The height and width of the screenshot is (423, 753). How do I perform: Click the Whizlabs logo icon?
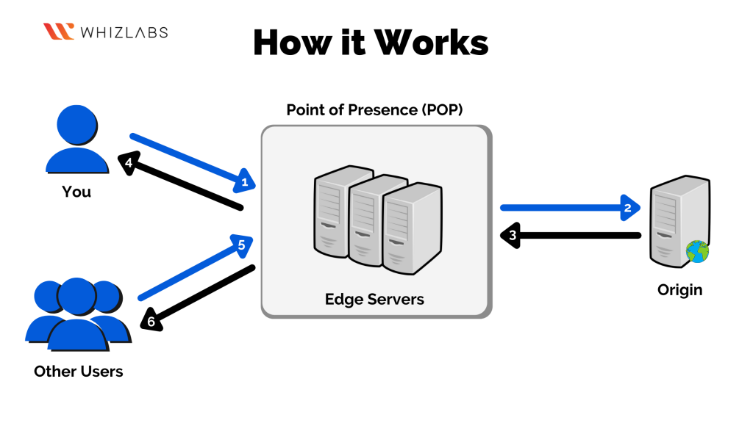pos(59,32)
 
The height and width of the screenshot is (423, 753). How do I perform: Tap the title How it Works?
pos(371,43)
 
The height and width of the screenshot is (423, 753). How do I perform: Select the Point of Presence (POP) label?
pos(375,110)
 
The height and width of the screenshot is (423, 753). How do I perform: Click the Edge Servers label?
pos(375,300)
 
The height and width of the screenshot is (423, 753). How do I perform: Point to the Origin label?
pos(679,290)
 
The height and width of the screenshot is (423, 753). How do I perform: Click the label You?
pos(76,192)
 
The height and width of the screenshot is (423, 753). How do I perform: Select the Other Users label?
pos(78,371)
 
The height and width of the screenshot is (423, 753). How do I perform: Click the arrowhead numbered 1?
pos(246,181)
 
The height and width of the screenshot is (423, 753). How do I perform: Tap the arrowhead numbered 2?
pos(627,209)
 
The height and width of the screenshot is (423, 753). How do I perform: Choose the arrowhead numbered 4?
pos(128,163)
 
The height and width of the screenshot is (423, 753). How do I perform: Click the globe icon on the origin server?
pos(696,251)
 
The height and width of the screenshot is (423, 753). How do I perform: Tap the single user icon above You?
pos(76,140)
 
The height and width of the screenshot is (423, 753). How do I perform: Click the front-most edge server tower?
pos(412,228)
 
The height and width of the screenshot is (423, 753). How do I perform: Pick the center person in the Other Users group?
pos(77,312)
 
